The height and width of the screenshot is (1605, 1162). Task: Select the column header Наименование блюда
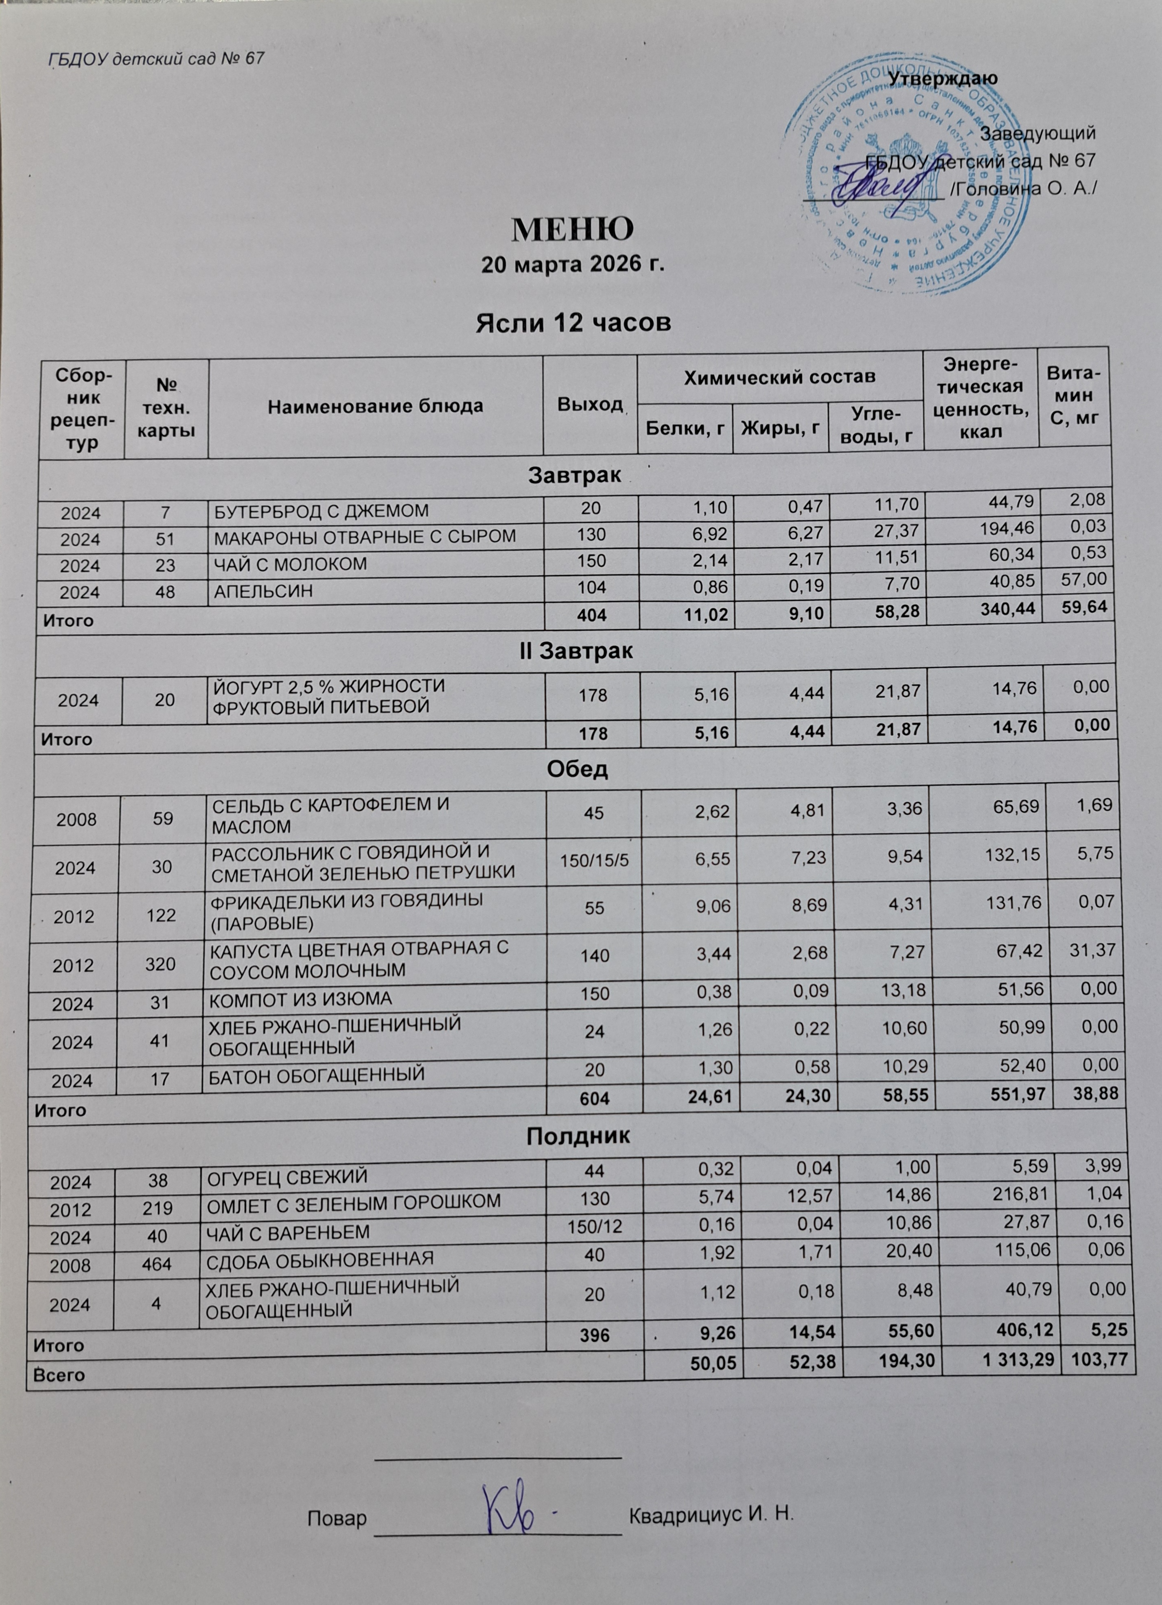(x=375, y=405)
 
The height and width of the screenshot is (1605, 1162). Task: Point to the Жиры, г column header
(x=780, y=426)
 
